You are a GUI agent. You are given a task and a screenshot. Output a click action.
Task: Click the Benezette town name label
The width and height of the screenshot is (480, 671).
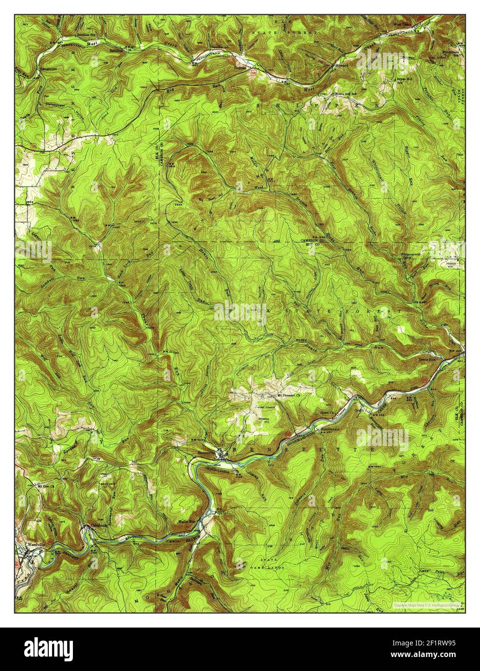pyautogui.click(x=206, y=453)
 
